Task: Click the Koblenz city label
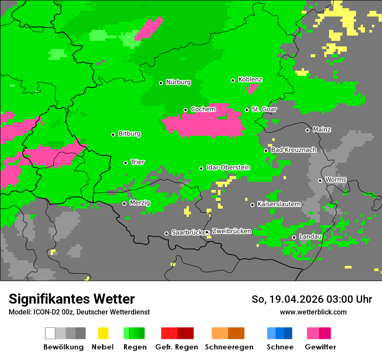pos(250,79)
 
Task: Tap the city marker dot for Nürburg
pos(161,83)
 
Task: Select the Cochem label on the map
pos(203,109)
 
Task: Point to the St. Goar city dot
pos(247,110)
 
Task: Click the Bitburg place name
pos(129,134)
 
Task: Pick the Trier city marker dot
pos(125,163)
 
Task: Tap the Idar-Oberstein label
pos(228,167)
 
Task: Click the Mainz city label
pos(322,130)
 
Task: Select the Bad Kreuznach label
pos(293,150)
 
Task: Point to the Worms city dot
pos(320,180)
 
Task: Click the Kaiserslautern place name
pos(279,204)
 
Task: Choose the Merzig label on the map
pos(140,203)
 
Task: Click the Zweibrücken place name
pos(231,231)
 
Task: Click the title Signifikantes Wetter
pos(72,299)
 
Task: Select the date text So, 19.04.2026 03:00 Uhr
pos(312,299)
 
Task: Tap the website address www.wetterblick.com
pos(313,312)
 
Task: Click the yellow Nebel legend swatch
pos(103,333)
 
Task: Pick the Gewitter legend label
pos(320,347)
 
